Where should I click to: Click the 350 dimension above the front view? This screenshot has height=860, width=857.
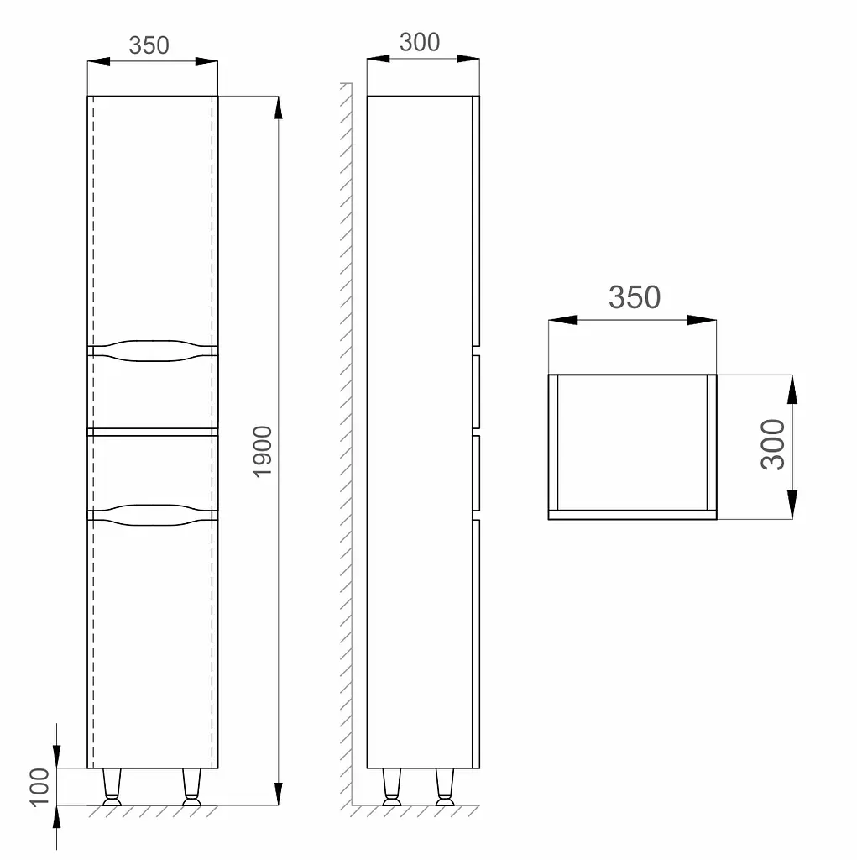pyautogui.click(x=149, y=45)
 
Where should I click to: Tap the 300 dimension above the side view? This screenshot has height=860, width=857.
pyautogui.click(x=420, y=42)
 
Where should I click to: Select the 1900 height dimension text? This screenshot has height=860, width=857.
pyautogui.click(x=263, y=451)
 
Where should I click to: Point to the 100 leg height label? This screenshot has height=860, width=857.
pyautogui.click(x=39, y=787)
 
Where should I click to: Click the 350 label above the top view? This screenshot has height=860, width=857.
pyautogui.click(x=635, y=297)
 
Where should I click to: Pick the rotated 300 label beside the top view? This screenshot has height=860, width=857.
pyautogui.click(x=773, y=444)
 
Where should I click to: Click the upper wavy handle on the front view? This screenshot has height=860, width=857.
pyautogui.click(x=153, y=351)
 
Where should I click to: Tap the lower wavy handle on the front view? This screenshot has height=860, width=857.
pyautogui.click(x=153, y=515)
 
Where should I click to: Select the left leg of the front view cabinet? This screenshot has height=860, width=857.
pyautogui.click(x=112, y=787)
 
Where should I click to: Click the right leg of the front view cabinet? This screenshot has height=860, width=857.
pyautogui.click(x=191, y=787)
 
